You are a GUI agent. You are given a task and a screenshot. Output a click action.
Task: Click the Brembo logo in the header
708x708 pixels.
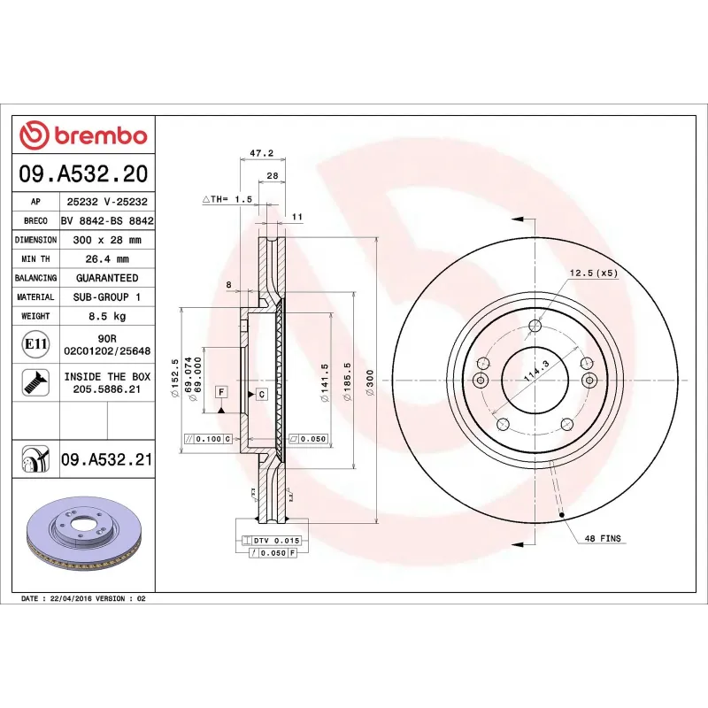pos(83,135)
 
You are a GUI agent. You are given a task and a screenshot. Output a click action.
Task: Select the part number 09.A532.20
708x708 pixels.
pos(83,173)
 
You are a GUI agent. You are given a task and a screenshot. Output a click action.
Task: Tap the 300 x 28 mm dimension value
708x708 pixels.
pos(105,240)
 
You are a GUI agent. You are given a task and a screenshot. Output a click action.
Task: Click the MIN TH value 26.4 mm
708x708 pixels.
pos(105,259)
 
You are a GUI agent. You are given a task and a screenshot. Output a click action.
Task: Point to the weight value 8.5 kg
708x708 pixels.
pos(105,316)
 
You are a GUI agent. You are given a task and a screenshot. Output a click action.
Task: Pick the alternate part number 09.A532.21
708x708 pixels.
pos(107,459)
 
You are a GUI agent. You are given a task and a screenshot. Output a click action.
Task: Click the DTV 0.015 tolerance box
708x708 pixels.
pos(277,540)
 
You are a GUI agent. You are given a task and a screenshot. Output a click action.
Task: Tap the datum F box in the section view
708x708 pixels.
pos(220,391)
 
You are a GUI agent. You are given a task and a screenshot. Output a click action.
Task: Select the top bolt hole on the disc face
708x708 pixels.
pos(533,325)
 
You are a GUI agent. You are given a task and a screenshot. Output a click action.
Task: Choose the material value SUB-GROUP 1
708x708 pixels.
pos(105,297)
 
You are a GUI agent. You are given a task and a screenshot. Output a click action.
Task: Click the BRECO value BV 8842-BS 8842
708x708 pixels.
pos(105,221)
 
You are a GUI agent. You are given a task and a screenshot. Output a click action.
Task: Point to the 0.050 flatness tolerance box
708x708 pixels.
pos(309,439)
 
